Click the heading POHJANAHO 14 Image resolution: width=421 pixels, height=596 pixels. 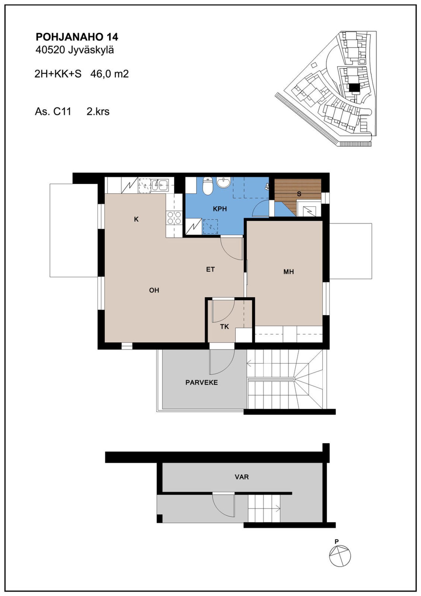[77, 37]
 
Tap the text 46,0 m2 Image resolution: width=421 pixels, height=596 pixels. [110, 74]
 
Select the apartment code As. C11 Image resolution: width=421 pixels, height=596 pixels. [53, 111]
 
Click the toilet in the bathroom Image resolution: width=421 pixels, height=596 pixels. [208, 186]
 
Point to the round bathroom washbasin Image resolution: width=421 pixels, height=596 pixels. [224, 182]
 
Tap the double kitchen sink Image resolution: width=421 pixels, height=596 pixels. [160, 184]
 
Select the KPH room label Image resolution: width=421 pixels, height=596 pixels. [220, 209]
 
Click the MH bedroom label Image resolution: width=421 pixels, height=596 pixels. [289, 272]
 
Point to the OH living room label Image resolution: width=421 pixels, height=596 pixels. [154, 290]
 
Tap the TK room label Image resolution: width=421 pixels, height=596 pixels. [225, 327]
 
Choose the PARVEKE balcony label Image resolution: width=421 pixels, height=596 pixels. [202, 382]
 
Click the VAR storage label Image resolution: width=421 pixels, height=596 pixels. [242, 477]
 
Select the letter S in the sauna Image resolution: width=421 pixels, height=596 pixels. [299, 194]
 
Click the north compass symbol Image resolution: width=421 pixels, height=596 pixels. [340, 555]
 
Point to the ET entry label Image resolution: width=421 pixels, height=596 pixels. [210, 269]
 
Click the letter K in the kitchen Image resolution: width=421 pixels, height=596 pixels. [136, 219]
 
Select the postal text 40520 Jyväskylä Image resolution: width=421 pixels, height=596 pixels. [75, 50]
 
